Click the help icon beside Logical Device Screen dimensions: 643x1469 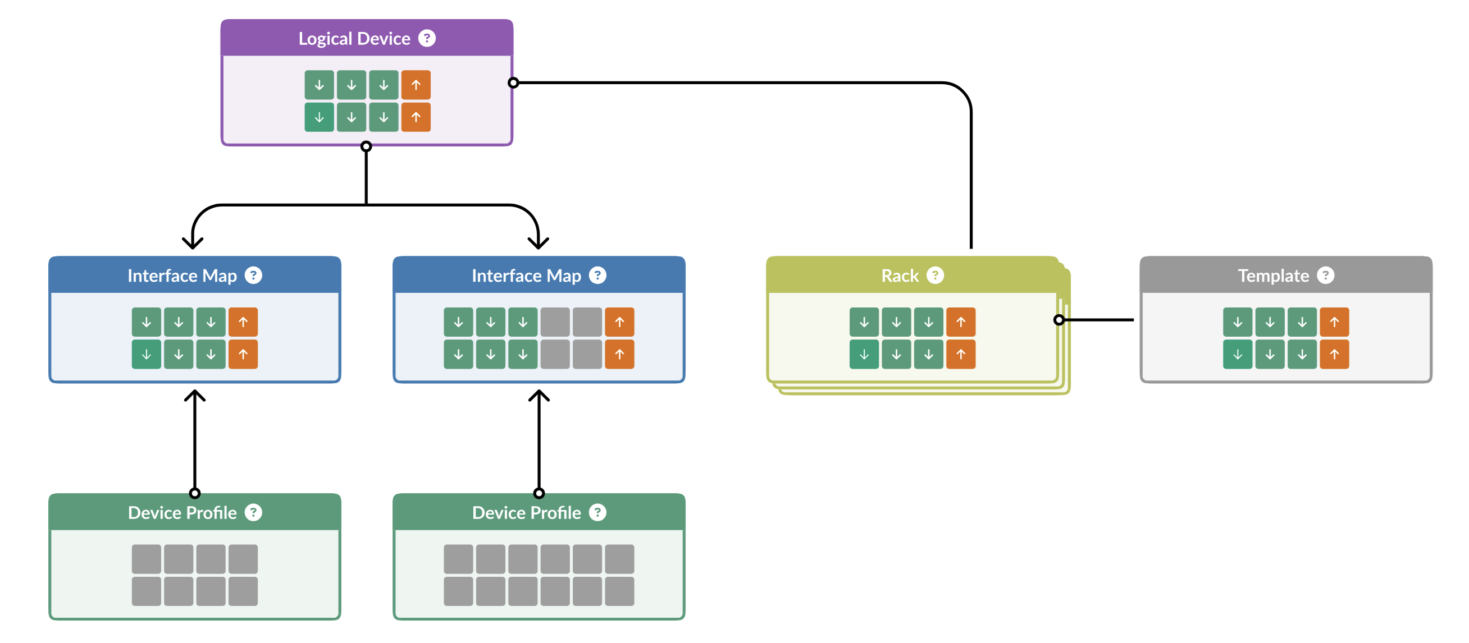click(x=427, y=38)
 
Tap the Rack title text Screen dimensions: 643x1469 click(x=899, y=276)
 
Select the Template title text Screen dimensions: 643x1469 click(x=1273, y=276)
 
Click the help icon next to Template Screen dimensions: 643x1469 click(x=1325, y=275)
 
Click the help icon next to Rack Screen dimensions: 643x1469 click(x=934, y=275)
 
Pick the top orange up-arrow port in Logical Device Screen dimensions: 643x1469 click(x=416, y=85)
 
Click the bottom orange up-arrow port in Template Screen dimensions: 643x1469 click(x=1334, y=355)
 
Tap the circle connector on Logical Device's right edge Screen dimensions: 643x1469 click(x=513, y=83)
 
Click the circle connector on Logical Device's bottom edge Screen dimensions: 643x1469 click(x=366, y=146)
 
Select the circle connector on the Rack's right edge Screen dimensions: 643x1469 click(x=1059, y=320)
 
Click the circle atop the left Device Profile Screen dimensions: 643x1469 click(x=194, y=493)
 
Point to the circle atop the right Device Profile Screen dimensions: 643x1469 click(x=539, y=493)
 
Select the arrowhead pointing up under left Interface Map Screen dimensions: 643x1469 click(x=194, y=395)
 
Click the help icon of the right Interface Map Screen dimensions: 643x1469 click(x=597, y=275)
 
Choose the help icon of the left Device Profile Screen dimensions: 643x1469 click(x=253, y=512)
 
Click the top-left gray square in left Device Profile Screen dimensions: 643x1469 click(x=146, y=559)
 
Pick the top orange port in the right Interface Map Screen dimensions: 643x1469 click(x=619, y=322)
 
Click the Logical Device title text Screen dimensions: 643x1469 click(x=354, y=39)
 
